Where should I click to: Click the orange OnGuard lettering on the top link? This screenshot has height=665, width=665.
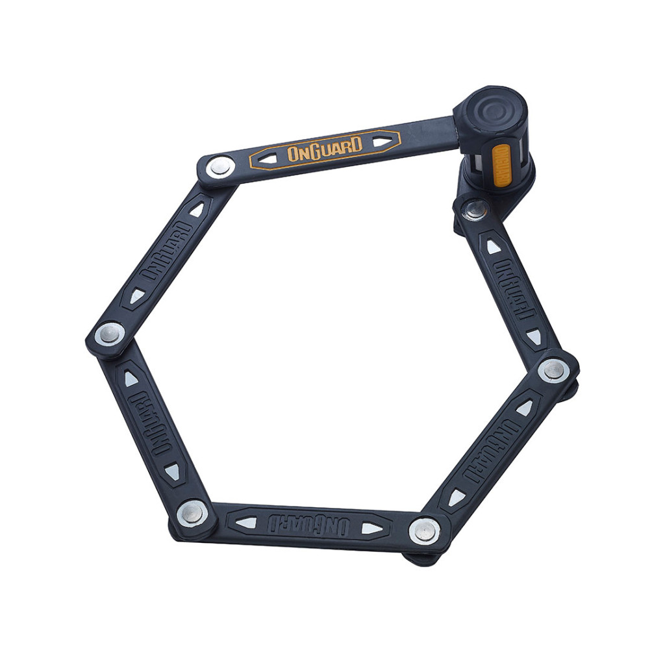tap(325, 148)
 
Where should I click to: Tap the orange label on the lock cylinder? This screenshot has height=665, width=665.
tap(501, 167)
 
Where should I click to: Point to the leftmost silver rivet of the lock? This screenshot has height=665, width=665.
tap(109, 334)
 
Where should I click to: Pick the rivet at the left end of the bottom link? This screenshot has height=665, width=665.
tap(192, 513)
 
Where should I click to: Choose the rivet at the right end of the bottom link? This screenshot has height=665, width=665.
tap(425, 530)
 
